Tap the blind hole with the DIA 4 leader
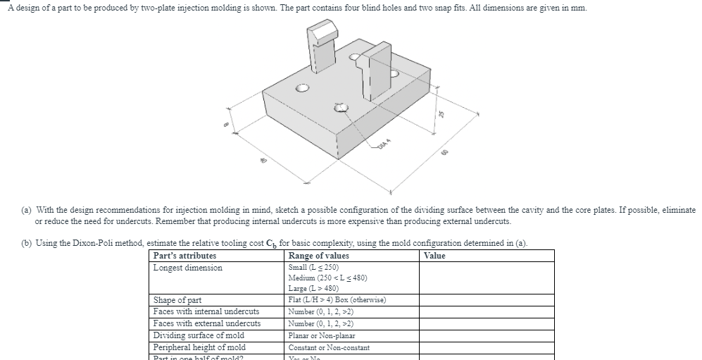pyautogui.click(x=341, y=108)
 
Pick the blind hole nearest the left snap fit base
pyautogui.click(x=303, y=88)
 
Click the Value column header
pyautogui.click(x=435, y=256)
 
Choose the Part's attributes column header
pyautogui.click(x=184, y=256)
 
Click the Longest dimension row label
pyautogui.click(x=187, y=268)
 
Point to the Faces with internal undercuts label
pyautogui.click(x=206, y=311)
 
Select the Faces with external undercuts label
pyautogui.click(x=206, y=323)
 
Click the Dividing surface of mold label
pyautogui.click(x=199, y=335)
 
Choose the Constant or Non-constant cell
pyautogui.click(x=329, y=347)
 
